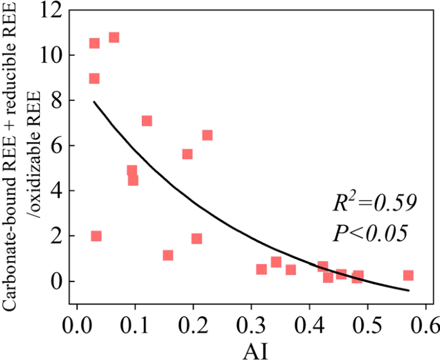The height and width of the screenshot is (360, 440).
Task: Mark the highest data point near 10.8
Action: [x=114, y=37]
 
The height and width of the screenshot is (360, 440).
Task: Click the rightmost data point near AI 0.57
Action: [x=408, y=275]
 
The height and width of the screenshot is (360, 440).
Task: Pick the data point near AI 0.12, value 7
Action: [x=146, y=121]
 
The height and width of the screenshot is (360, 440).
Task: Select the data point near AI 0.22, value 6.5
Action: [x=207, y=135]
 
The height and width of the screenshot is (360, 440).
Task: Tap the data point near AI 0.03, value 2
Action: [x=96, y=236]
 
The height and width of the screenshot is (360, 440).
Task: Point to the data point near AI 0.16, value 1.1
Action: [x=168, y=255]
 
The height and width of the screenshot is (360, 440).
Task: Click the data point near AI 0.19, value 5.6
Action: [x=187, y=154]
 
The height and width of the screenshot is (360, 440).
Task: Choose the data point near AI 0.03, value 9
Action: [x=94, y=78]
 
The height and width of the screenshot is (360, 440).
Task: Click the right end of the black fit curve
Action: [x=409, y=290]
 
